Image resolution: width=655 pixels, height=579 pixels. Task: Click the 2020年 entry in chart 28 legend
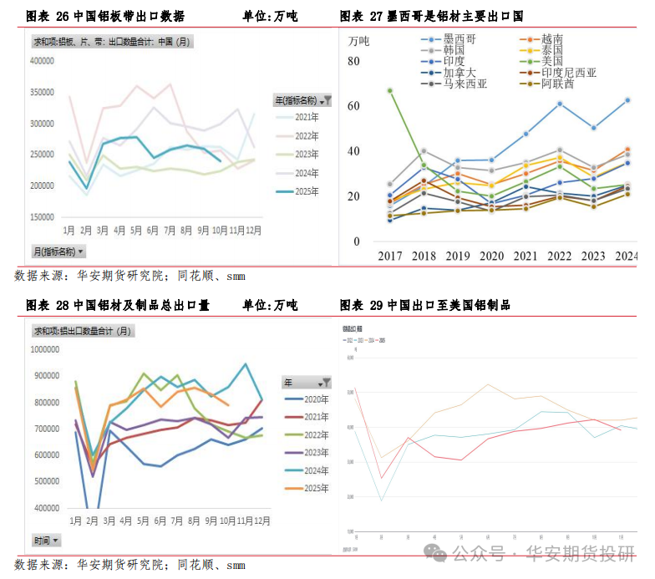pyautogui.click(x=312, y=400)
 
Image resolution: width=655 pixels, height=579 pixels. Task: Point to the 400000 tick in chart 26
pyautogui.click(x=41, y=60)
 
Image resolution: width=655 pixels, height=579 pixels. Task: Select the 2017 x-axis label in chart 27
pyautogui.click(x=390, y=256)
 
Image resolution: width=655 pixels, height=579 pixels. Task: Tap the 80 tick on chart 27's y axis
pyautogui.click(x=353, y=61)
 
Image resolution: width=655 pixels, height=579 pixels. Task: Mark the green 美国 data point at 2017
pyautogui.click(x=390, y=90)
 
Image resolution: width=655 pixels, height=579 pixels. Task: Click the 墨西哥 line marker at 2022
pyautogui.click(x=560, y=104)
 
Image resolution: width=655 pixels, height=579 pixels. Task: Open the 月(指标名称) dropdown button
pyautogui.click(x=58, y=251)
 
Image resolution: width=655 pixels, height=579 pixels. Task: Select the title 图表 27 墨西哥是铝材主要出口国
pyautogui.click(x=431, y=16)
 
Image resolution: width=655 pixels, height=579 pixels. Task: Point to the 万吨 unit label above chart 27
pyautogui.click(x=358, y=40)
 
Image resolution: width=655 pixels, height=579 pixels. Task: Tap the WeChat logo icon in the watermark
pyautogui.click(x=434, y=552)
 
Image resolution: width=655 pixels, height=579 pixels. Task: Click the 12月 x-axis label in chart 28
pyautogui.click(x=261, y=521)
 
